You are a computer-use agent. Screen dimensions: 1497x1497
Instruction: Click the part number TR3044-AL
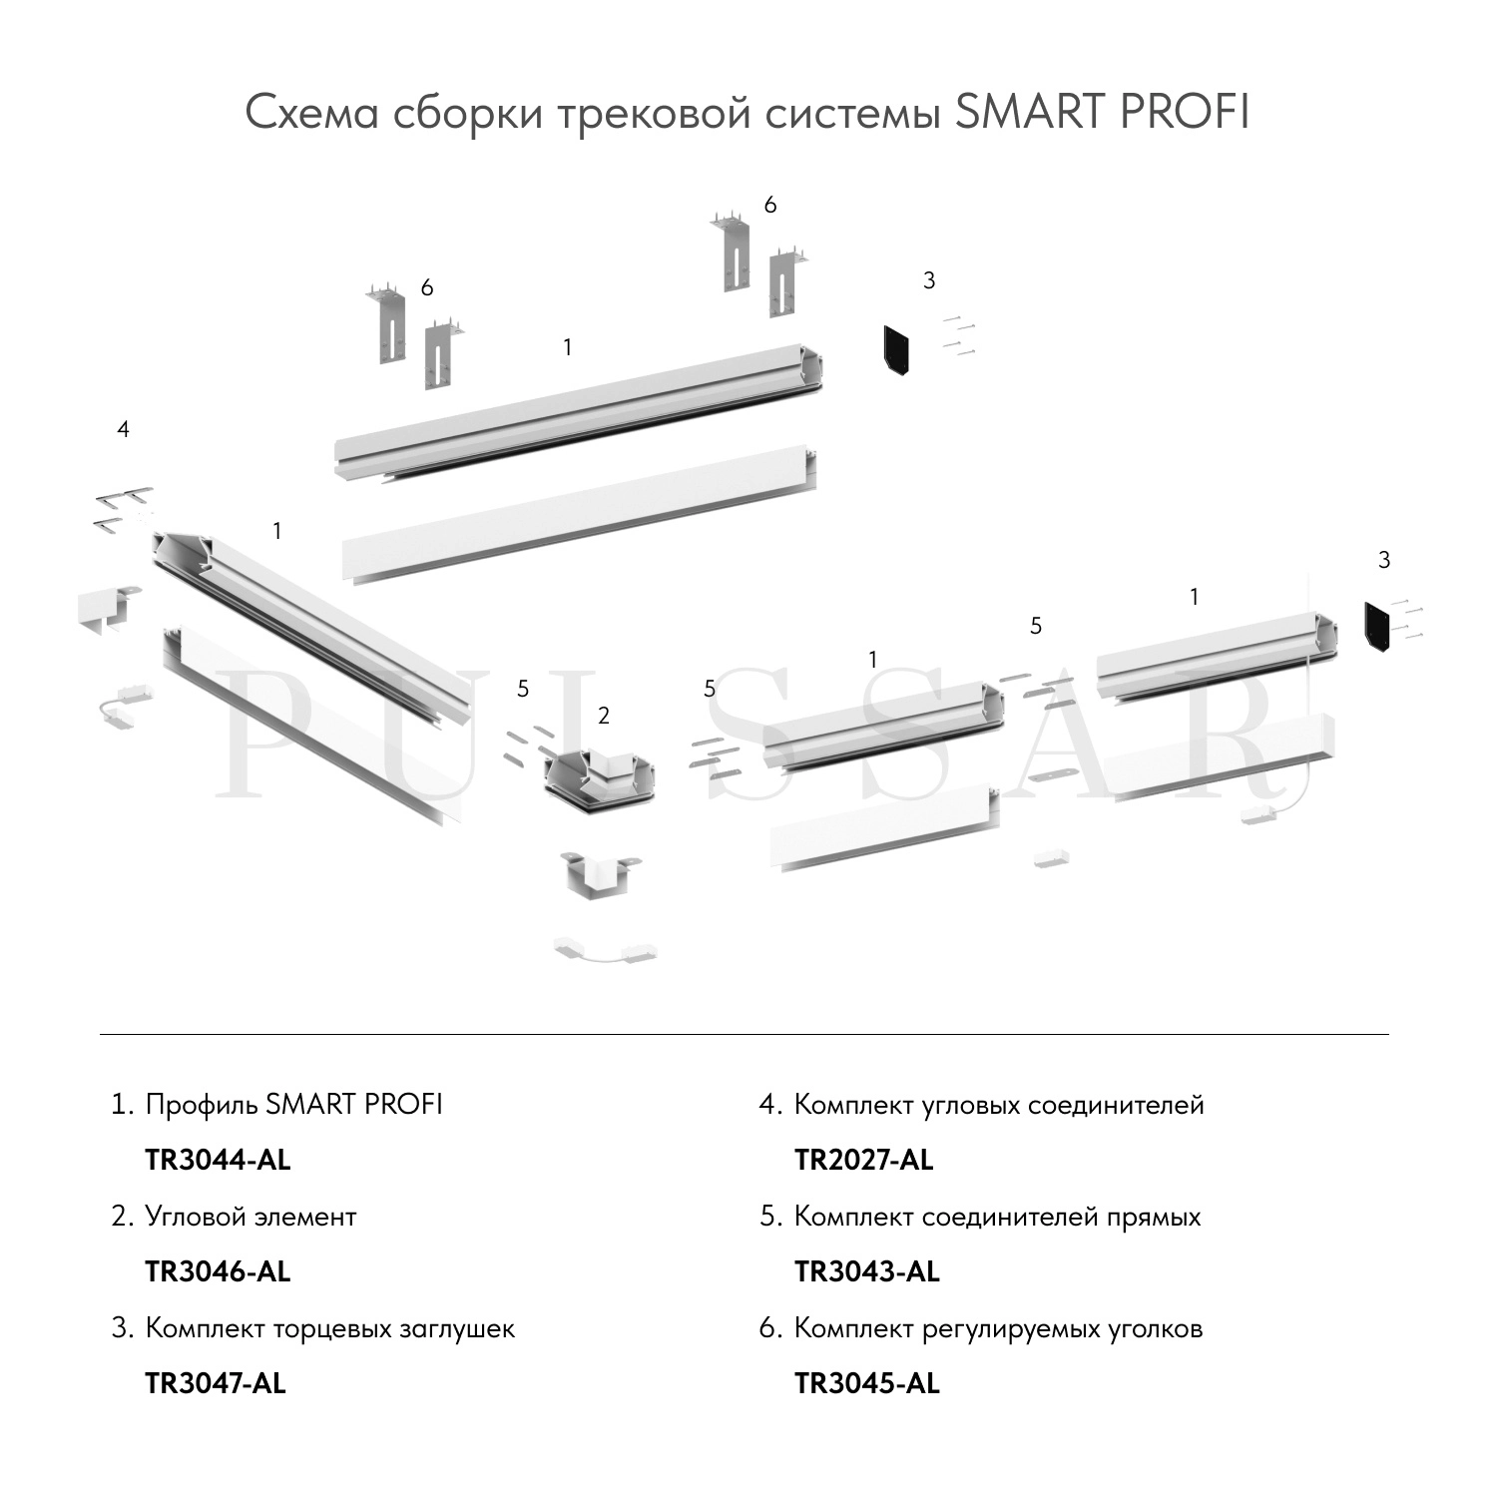pos(218,1160)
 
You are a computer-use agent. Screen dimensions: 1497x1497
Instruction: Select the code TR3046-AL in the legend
pos(218,1271)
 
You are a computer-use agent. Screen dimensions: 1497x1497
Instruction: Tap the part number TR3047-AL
pos(216,1383)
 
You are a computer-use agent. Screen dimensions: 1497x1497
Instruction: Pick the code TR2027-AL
pos(864,1160)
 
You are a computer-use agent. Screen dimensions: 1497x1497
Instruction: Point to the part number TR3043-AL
pos(867,1271)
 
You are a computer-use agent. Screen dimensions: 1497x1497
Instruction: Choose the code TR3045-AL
pos(867,1383)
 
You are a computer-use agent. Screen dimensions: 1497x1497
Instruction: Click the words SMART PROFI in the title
pos(1102,113)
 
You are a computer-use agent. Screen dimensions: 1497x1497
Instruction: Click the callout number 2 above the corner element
pos(604,716)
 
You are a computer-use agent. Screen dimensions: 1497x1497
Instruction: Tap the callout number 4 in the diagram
pos(123,429)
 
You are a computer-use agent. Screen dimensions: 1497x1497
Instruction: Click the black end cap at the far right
pos(1381,627)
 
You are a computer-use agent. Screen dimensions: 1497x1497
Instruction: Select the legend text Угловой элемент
pos(250,1217)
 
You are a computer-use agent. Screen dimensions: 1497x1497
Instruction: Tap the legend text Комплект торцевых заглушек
pos(330,1328)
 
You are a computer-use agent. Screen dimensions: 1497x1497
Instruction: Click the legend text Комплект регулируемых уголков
pos(998,1328)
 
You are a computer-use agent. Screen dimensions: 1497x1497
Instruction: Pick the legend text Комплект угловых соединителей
pos(999,1105)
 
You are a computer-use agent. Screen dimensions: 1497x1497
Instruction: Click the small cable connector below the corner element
pos(606,950)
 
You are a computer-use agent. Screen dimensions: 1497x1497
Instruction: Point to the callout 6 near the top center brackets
pos(769,205)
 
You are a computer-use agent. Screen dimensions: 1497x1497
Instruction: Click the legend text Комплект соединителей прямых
pos(997,1217)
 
